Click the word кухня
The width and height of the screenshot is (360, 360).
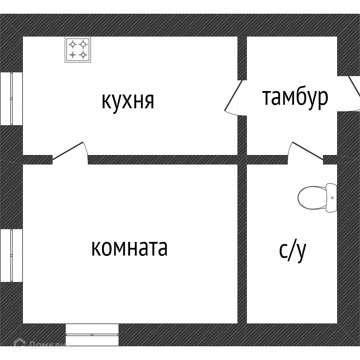[128, 101]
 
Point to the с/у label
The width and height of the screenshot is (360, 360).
[293, 251]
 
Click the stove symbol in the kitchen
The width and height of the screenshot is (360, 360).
[78, 49]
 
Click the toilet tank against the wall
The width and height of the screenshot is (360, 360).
[332, 198]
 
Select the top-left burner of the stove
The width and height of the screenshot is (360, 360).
[72, 44]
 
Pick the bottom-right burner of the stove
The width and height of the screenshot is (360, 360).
[83, 54]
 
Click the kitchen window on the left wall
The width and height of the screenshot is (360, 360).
[11, 99]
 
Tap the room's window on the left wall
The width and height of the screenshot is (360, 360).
[11, 255]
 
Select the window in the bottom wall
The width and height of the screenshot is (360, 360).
[92, 335]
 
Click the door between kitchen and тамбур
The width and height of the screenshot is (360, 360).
[234, 98]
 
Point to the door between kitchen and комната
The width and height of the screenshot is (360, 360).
[70, 152]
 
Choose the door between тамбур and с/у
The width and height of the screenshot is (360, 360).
[306, 152]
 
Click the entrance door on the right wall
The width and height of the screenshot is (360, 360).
[351, 94]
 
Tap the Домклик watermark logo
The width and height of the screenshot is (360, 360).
[42, 344]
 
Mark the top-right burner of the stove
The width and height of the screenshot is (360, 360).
[83, 44]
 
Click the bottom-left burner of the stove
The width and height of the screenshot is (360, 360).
[72, 54]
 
